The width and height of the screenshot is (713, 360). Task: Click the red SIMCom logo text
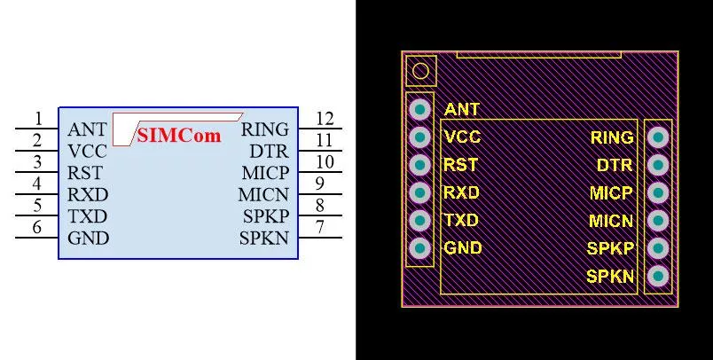tap(179, 135)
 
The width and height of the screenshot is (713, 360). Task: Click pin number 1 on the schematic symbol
tap(39, 119)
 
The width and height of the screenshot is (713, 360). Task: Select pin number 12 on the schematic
tap(325, 119)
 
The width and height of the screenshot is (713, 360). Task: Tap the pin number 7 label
tap(320, 226)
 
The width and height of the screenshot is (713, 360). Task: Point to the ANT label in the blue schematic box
tap(87, 130)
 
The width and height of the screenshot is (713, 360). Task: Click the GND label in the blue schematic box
tap(88, 239)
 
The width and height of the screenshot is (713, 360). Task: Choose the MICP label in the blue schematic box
tap(265, 173)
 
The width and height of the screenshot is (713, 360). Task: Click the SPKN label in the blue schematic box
tap(264, 239)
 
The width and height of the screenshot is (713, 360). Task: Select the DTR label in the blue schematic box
tap(270, 151)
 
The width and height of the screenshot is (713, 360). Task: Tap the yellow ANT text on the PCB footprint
tap(461, 110)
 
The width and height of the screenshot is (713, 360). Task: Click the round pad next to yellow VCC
tap(419, 137)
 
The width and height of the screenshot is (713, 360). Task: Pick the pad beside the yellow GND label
tap(419, 248)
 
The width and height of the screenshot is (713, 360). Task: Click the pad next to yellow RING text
tap(658, 137)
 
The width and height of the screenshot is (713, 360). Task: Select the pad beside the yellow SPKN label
tap(658, 276)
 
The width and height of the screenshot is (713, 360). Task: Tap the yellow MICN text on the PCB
tap(611, 221)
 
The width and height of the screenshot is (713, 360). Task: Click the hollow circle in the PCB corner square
tap(420, 71)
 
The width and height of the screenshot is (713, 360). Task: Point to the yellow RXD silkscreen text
tap(461, 192)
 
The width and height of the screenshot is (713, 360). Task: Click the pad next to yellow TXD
tap(419, 221)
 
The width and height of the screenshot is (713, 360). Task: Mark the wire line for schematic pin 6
tap(37, 238)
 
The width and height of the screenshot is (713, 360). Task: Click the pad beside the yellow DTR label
tap(658, 165)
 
